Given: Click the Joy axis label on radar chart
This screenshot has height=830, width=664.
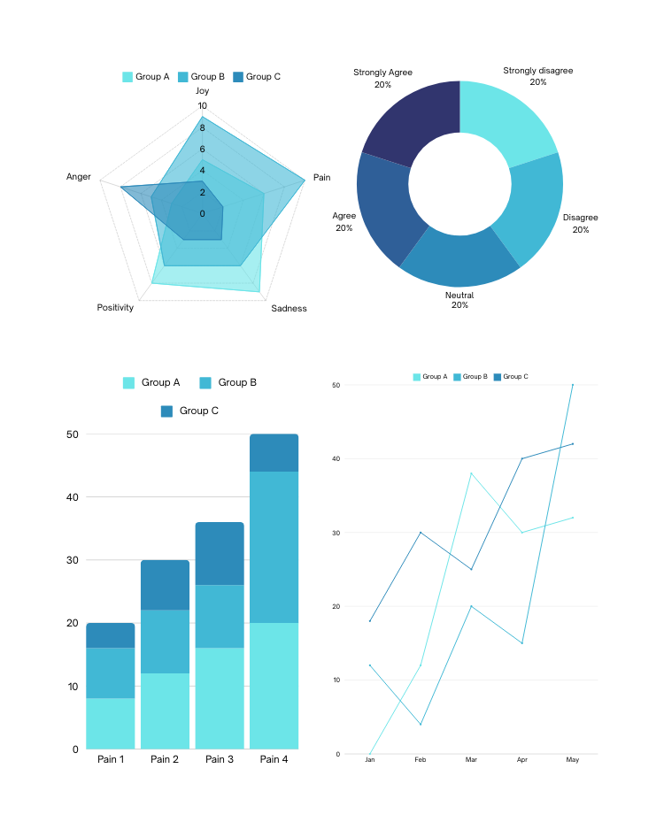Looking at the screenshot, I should coord(202,91).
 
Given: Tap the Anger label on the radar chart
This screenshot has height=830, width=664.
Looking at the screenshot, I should coord(79,177).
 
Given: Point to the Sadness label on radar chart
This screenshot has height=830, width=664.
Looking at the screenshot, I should coord(289,308).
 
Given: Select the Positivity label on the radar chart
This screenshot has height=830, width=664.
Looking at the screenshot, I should coord(115,307).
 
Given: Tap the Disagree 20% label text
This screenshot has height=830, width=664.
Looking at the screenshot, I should coord(580,223).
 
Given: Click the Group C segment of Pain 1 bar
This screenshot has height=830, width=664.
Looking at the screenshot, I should coord(111,635).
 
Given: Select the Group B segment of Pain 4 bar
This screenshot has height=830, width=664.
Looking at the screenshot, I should coord(274,547).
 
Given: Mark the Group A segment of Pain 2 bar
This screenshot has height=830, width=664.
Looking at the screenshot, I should coord(165,711).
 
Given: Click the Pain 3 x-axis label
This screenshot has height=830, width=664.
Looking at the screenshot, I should coord(220,759).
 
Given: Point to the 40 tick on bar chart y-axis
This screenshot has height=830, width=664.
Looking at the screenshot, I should coord(73,497).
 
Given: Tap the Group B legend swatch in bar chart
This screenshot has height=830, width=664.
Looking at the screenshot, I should coord(205,383).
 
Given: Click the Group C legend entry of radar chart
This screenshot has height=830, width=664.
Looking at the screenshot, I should coord(257,77).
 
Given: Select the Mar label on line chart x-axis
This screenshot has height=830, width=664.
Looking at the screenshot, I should coord(471,760).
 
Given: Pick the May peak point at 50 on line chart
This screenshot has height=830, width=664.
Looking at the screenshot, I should coord(572,385).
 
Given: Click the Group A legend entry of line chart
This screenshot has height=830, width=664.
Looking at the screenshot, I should coord(430,377).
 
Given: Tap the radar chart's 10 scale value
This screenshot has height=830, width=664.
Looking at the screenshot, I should coord(202,106).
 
